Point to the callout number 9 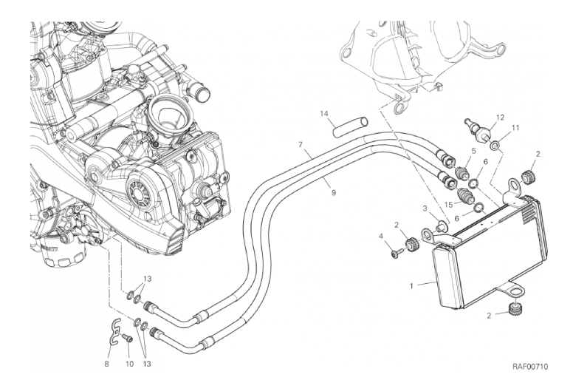334,192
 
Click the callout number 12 500,118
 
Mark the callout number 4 381,237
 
